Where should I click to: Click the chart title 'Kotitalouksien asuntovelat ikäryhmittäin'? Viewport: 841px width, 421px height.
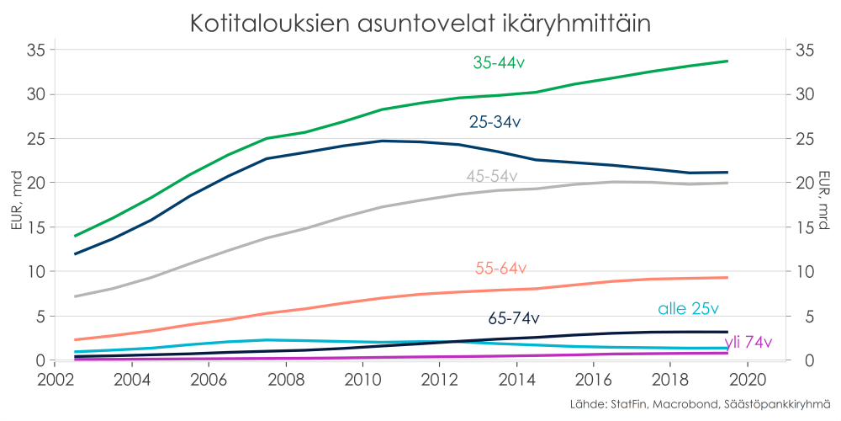pyautogui.click(x=420, y=23)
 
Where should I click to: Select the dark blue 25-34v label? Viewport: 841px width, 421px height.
pyautogui.click(x=495, y=123)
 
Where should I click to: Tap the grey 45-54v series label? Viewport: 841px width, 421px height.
pyautogui.click(x=492, y=176)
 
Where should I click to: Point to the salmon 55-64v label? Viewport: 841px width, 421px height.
pyautogui.click(x=500, y=269)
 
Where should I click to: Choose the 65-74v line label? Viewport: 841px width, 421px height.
pyautogui.click(x=514, y=319)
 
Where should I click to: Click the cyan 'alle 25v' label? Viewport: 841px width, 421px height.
pyautogui.click(x=688, y=309)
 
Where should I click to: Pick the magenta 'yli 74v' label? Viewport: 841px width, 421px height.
pyautogui.click(x=748, y=342)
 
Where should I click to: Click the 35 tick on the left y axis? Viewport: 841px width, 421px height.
pyautogui.click(x=34, y=50)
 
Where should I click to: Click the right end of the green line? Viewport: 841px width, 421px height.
pyautogui.click(x=727, y=61)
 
